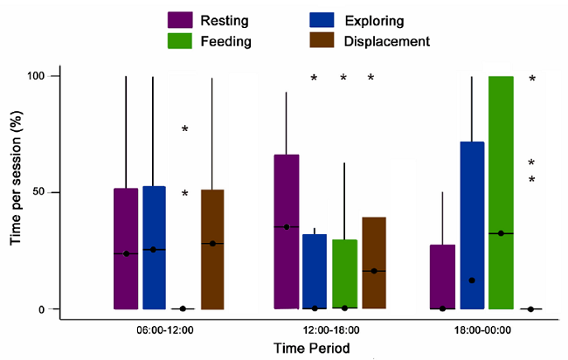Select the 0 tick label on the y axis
(54, 309)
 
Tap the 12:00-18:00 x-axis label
(331, 330)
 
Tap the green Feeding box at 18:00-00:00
(501, 192)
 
